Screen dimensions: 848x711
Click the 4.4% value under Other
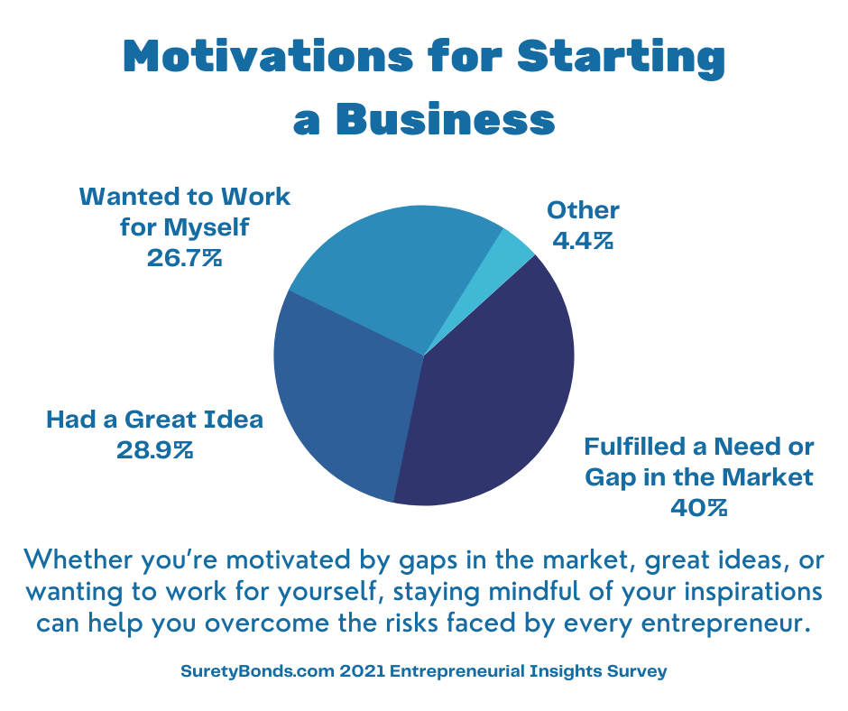[583, 240]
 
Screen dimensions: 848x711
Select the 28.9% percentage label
[154, 449]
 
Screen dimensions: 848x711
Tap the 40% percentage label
[699, 508]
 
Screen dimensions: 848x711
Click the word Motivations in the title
[268, 56]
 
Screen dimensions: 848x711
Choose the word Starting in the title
[621, 59]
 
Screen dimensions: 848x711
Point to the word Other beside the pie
[583, 210]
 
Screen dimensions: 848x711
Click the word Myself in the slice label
[206, 227]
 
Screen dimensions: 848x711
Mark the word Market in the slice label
[767, 477]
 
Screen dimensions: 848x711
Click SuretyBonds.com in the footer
[257, 671]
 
